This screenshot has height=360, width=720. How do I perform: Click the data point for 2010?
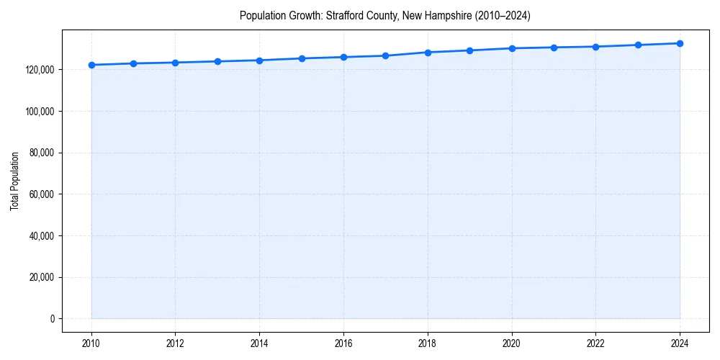click(91, 65)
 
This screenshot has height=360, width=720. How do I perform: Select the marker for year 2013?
click(217, 61)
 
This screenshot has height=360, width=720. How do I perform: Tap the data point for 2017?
click(386, 55)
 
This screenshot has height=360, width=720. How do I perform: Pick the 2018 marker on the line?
click(428, 53)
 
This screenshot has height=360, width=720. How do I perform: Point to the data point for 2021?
click(554, 48)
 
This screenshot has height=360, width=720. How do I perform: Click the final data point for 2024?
click(680, 43)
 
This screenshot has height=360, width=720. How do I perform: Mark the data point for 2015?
click(302, 58)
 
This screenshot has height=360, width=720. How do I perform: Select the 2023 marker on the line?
click(638, 45)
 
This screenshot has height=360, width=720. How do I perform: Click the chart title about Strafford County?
click(385, 16)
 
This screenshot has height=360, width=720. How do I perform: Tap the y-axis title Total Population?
click(14, 181)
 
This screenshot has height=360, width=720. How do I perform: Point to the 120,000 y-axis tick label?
click(40, 70)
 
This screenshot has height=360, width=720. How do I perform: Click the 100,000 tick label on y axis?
click(40, 112)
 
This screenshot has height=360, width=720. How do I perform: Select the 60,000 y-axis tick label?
click(42, 194)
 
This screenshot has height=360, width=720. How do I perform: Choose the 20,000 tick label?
click(42, 277)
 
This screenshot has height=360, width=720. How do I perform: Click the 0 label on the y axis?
click(51, 319)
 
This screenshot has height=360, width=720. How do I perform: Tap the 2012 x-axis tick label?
click(175, 343)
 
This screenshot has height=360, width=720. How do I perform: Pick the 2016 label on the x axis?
click(343, 343)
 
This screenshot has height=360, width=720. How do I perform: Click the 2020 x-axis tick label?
click(512, 343)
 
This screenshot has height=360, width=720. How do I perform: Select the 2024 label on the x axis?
click(680, 343)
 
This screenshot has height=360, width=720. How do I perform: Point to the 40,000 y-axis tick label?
click(42, 236)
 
